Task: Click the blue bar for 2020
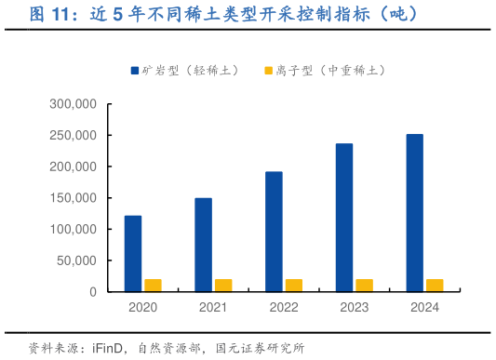click(x=133, y=253)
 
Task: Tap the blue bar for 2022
click(x=274, y=232)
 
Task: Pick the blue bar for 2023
click(x=344, y=218)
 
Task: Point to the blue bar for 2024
click(x=414, y=213)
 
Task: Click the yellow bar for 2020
click(x=153, y=286)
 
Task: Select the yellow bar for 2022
click(x=294, y=286)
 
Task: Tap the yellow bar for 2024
click(x=435, y=286)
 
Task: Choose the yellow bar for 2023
click(x=364, y=286)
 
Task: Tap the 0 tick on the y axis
click(x=93, y=292)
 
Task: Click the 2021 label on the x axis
click(x=213, y=308)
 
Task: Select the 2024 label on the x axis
click(x=424, y=308)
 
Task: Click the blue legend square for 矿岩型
click(x=135, y=71)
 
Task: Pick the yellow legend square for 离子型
click(x=269, y=71)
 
